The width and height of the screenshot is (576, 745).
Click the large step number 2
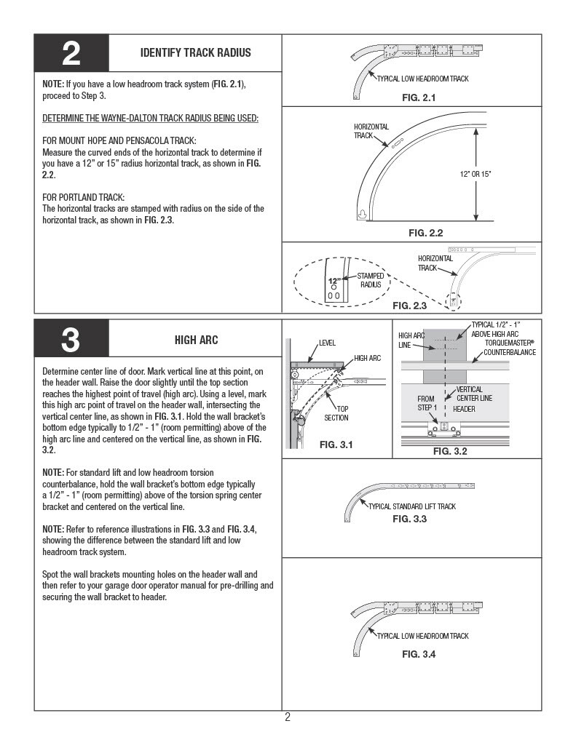click(x=71, y=54)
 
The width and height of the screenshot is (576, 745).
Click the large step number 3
click(x=71, y=340)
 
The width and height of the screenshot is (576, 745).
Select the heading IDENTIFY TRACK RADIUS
click(x=195, y=52)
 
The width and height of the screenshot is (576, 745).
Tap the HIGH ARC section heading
click(x=196, y=340)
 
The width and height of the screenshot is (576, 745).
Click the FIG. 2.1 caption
click(x=419, y=97)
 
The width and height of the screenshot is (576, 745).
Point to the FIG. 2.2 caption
click(x=425, y=233)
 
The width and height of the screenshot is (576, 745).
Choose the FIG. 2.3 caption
click(x=409, y=306)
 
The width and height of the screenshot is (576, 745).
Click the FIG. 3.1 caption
click(x=336, y=445)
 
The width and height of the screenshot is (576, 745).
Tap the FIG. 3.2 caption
click(x=449, y=451)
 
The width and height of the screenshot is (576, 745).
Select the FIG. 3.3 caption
click(x=409, y=519)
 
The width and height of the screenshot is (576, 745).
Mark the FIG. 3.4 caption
click(x=419, y=654)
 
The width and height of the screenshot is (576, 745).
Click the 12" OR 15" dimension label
click(x=476, y=174)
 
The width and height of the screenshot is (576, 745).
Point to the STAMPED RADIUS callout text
click(x=371, y=280)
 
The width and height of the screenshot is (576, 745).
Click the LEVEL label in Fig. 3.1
click(x=327, y=343)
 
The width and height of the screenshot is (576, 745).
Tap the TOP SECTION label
click(x=336, y=413)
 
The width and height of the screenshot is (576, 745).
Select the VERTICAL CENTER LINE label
click(x=474, y=394)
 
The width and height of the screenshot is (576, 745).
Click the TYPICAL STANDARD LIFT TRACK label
click(x=412, y=506)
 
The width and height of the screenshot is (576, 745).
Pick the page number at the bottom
click(x=288, y=717)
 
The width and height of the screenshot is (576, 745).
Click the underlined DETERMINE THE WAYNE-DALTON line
click(x=150, y=118)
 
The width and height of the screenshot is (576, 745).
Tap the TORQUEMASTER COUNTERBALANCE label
click(x=510, y=347)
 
